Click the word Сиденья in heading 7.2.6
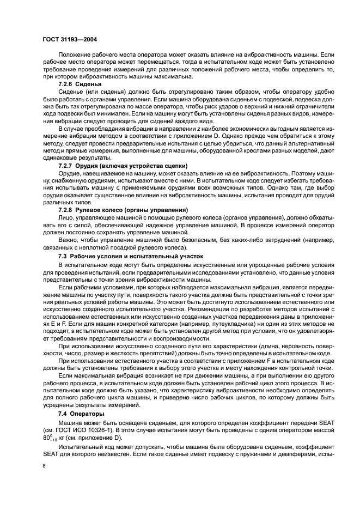click(91, 84)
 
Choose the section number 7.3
click(64, 255)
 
